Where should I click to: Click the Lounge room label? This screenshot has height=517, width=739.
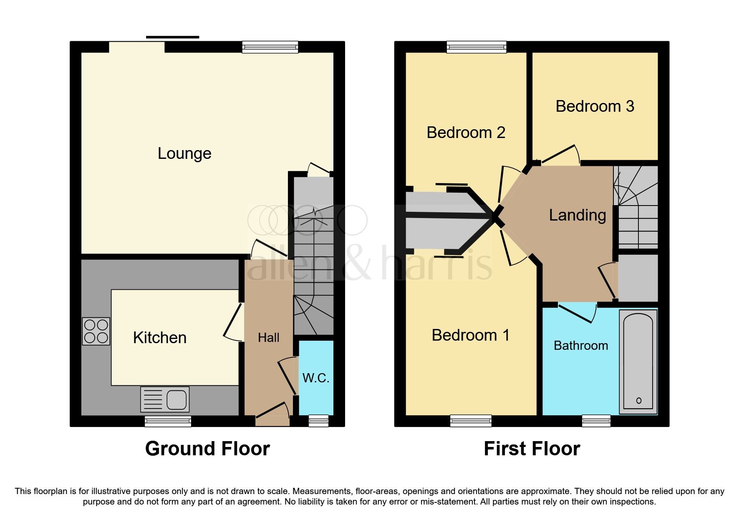184,153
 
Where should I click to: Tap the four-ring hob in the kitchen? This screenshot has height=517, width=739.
96,331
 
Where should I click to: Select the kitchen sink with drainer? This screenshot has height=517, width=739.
165,399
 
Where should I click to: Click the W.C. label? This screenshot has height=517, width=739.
316,378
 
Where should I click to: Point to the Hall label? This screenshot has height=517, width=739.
268,338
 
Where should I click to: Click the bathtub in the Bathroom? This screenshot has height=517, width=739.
638,361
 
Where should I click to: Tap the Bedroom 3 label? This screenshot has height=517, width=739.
595,106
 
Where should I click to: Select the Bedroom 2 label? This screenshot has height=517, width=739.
466,133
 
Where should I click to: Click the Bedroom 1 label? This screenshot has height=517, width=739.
470,335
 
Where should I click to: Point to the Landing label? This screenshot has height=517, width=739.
577,215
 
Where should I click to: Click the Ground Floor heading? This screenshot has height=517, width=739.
207,449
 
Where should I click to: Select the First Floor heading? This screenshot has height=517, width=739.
532,449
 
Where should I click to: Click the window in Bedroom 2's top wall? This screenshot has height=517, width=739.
477,47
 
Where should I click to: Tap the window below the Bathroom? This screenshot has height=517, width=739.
596,421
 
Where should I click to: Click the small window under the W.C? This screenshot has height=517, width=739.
318,421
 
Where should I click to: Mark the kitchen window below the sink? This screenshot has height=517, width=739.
168,421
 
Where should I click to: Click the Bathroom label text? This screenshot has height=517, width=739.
580,346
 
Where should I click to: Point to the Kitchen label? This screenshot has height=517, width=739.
159,338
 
